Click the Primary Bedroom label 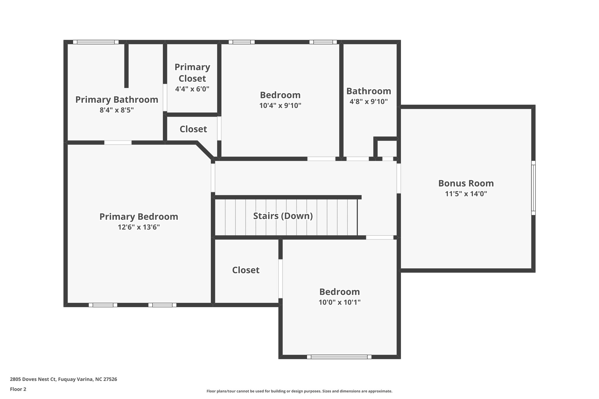pos(139,217)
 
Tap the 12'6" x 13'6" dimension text pos(139,227)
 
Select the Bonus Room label pos(466,183)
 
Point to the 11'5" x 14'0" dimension pos(466,194)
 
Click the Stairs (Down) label pos(283,216)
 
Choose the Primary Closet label pos(192,72)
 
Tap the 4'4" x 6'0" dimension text pos(192,89)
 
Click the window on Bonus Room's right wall pos(533,188)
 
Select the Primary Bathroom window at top pos(96,42)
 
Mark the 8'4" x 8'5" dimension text pos(117,110)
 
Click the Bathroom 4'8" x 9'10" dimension pos(369,102)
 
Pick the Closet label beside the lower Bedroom pos(246,270)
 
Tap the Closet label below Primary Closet pos(193,129)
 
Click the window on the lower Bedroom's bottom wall pos(339,357)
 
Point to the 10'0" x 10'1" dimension pos(339,302)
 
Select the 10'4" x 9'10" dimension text pos(280,106)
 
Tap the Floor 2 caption pos(18,389)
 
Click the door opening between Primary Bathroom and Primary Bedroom pos(118,143)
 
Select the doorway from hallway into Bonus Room pos(399,178)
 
